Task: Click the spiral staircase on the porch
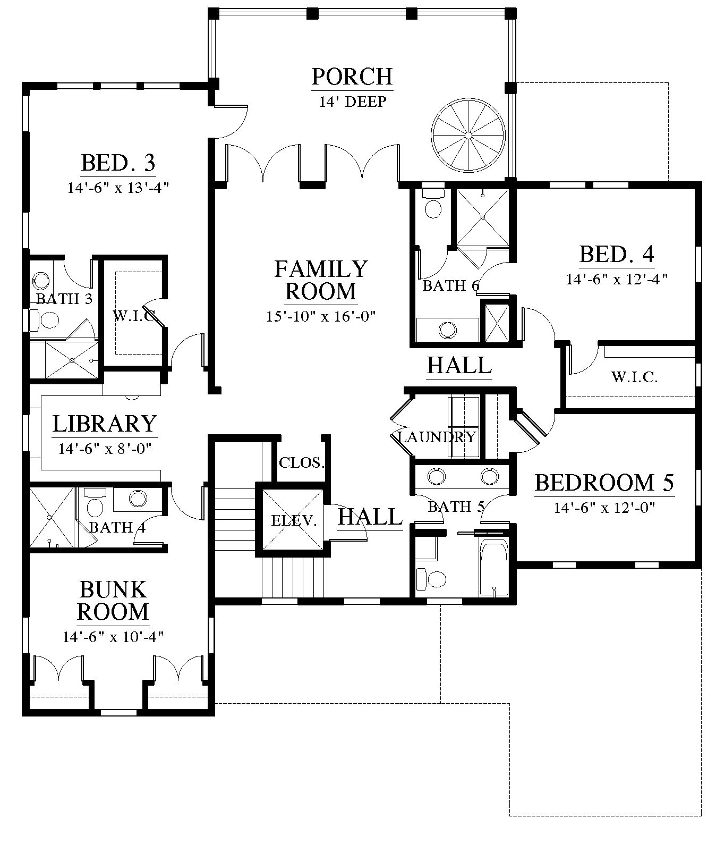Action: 468,136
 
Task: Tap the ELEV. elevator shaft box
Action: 291,519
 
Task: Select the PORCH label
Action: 352,77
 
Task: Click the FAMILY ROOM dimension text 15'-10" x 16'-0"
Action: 321,316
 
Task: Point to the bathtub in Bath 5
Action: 494,568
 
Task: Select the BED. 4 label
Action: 617,254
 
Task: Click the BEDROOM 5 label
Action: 604,483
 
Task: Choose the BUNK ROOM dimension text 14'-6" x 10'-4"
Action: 113,636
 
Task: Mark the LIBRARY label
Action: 105,424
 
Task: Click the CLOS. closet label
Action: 302,462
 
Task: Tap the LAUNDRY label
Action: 437,437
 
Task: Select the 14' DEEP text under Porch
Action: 352,102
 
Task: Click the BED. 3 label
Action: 118,163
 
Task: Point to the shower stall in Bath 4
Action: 52,516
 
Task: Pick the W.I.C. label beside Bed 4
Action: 635,377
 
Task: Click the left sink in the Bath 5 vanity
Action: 436,476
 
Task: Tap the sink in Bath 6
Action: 448,330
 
